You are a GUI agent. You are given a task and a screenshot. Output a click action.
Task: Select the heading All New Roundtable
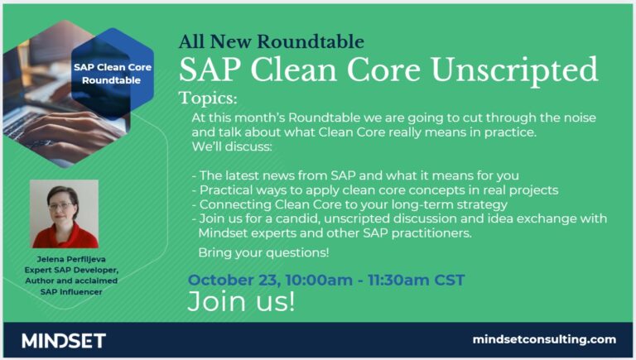[x=271, y=41]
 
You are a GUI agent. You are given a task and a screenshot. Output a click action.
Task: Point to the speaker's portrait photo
[x=64, y=214]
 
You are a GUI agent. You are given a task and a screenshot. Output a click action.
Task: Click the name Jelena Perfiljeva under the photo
[x=64, y=260]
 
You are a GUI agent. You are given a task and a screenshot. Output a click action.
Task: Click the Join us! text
[x=240, y=301]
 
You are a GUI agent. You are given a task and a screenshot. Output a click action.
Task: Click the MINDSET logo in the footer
[x=64, y=340]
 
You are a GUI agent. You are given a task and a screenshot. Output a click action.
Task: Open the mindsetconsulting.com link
[x=544, y=339]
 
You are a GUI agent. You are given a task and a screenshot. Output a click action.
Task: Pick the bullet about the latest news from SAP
[x=354, y=175]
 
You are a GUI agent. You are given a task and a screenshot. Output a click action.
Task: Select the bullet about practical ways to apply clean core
[x=374, y=190]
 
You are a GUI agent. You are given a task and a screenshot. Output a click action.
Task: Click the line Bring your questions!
[x=263, y=252]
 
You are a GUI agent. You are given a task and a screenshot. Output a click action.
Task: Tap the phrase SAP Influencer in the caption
[x=64, y=292]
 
